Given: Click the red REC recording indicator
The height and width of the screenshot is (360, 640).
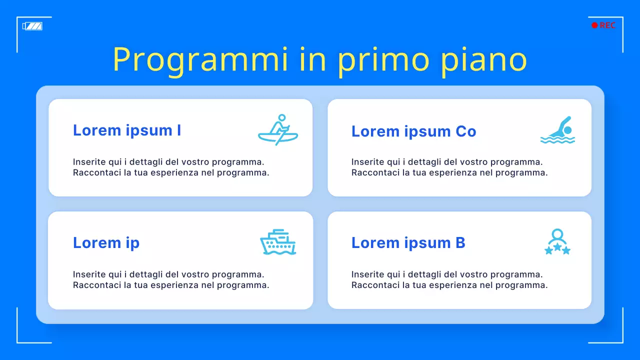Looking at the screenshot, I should [x=603, y=25].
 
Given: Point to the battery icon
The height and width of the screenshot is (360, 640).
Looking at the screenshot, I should [x=32, y=26].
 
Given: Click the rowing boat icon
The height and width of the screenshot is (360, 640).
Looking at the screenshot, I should [x=278, y=130].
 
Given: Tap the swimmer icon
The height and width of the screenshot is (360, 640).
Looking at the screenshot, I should [x=557, y=130].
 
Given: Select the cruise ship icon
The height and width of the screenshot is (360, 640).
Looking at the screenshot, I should [x=278, y=242].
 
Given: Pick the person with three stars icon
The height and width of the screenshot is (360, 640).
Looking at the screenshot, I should [x=557, y=242].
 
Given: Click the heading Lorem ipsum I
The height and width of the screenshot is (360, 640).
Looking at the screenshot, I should [x=127, y=130].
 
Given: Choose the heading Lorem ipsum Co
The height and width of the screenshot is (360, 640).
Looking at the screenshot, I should [x=413, y=131].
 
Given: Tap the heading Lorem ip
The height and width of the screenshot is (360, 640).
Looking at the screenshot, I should [x=106, y=243].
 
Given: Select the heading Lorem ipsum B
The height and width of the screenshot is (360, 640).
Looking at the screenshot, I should [x=408, y=243].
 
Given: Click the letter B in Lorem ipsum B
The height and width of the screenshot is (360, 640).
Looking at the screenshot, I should [x=460, y=243].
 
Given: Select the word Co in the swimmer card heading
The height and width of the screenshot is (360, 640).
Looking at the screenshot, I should [x=465, y=131].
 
